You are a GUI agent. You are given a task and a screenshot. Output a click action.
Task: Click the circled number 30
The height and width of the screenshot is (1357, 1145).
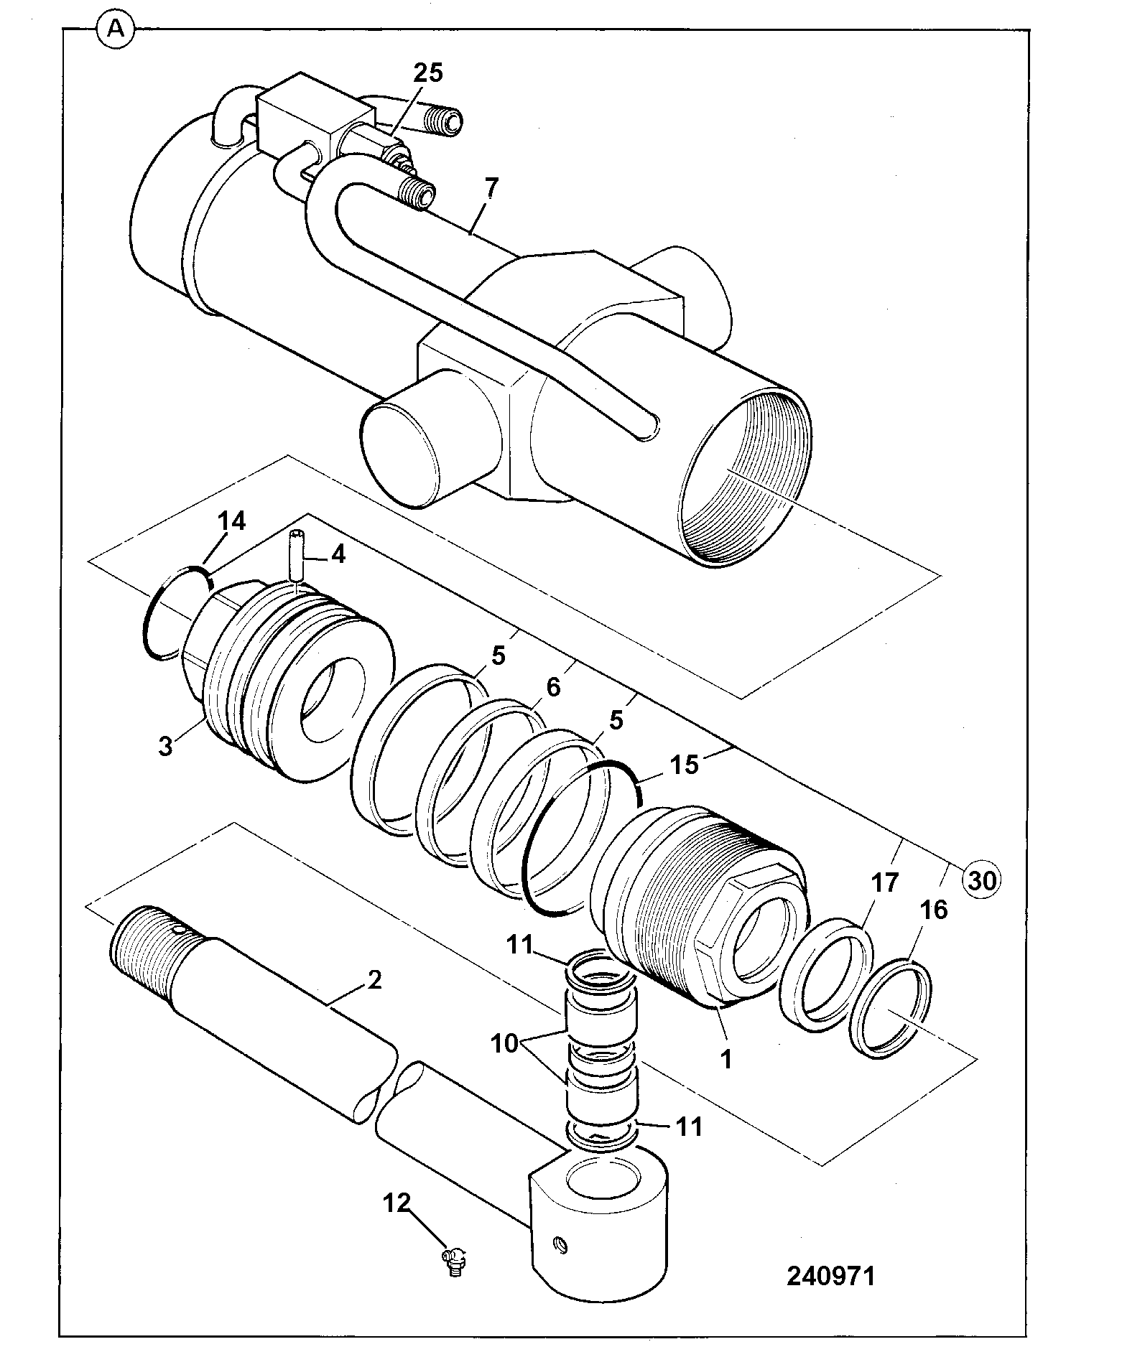[x=982, y=879]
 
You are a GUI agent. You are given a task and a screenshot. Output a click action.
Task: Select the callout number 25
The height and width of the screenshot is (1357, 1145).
[x=427, y=73]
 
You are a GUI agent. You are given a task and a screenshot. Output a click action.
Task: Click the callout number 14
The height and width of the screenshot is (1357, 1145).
[x=231, y=521]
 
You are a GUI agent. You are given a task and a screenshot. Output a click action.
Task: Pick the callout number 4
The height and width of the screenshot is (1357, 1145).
[x=337, y=554]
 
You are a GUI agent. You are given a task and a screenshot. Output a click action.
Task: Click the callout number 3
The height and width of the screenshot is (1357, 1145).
[x=165, y=746]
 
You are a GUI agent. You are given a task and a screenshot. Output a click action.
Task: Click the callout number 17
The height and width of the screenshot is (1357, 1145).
[x=884, y=882]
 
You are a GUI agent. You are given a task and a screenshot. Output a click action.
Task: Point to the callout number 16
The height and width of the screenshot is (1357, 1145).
[x=933, y=910]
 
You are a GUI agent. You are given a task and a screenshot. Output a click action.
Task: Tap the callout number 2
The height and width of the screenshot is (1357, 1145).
[x=374, y=979]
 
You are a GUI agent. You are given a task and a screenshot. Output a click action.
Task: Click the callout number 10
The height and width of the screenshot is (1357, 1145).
[x=505, y=1043]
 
